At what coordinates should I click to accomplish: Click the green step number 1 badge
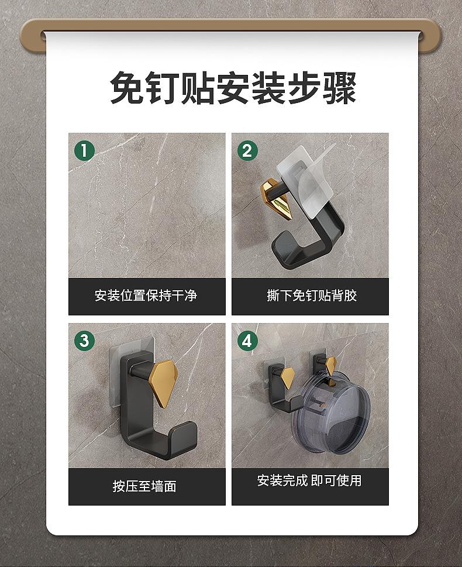tap(84, 151)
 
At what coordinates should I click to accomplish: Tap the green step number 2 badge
tap(247, 151)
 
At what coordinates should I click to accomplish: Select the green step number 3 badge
tap(84, 341)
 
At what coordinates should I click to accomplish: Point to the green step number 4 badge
tap(247, 341)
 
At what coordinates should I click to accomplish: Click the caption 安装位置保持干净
tap(146, 295)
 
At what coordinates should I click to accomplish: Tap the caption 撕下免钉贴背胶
tap(312, 295)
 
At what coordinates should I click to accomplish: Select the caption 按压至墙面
tap(144, 486)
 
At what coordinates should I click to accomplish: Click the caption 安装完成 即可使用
tap(309, 480)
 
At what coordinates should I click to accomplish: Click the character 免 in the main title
tap(127, 88)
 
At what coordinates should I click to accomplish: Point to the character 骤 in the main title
tap(339, 88)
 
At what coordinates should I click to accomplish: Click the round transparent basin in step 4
tap(330, 413)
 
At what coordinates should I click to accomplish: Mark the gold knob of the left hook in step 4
tap(288, 378)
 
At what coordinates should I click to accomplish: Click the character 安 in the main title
tap(233, 88)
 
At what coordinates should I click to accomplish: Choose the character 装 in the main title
tap(268, 88)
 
